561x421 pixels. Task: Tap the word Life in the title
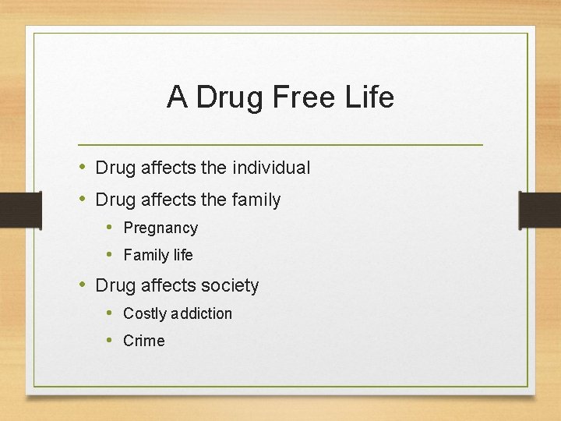[x=369, y=97]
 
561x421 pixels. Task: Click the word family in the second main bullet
[x=256, y=200]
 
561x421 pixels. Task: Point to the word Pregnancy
[x=161, y=228]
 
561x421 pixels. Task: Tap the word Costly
[x=145, y=313]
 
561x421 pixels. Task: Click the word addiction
[x=201, y=313]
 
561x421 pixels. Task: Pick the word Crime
[x=144, y=341]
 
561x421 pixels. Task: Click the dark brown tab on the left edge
[x=19, y=209]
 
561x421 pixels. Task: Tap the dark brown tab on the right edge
[x=540, y=209]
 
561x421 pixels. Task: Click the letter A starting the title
[x=177, y=97]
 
